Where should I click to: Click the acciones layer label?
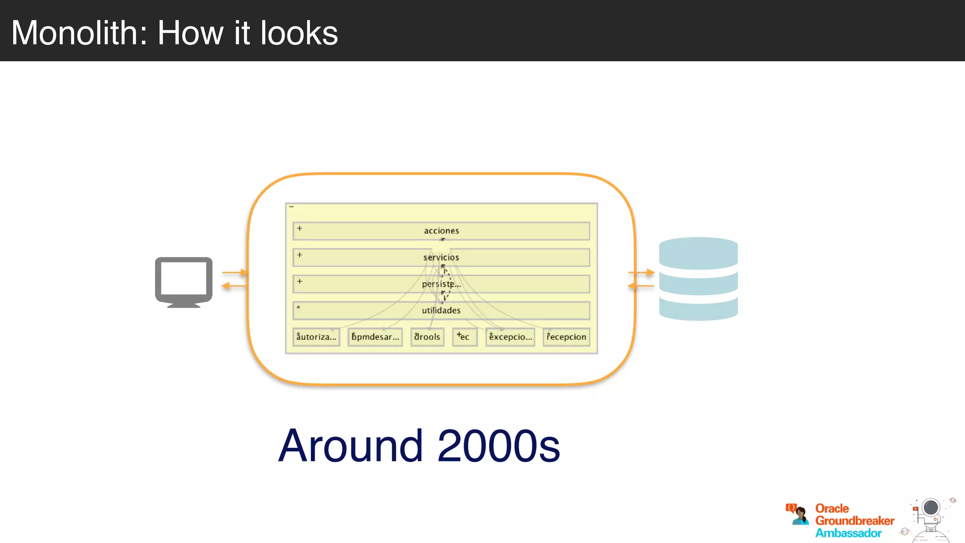pos(441,231)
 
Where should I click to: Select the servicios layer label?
pos(441,257)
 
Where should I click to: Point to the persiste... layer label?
pos(441,284)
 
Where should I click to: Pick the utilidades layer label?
pos(441,311)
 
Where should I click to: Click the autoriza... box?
pos(316,337)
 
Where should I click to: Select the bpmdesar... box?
pos(375,337)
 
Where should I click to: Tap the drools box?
pos(427,337)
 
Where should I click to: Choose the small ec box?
pos(465,337)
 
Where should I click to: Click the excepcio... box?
pos(510,337)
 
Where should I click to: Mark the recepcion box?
pos(566,337)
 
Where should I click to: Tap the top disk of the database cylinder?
pos(698,252)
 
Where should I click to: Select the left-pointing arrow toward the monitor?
pos(234,286)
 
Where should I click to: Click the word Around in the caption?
pos(351,446)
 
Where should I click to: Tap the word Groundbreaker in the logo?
pos(855,521)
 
